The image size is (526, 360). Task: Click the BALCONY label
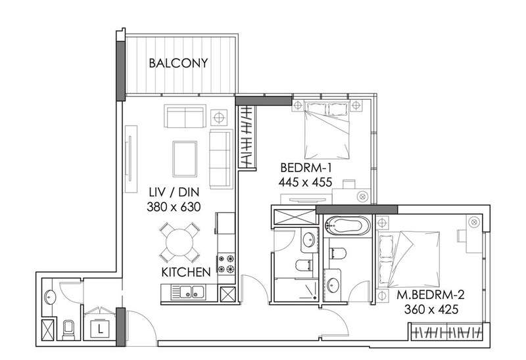pyautogui.click(x=178, y=63)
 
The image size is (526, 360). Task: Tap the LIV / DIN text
pyautogui.click(x=174, y=192)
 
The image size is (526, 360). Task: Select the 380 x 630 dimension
pyautogui.click(x=174, y=207)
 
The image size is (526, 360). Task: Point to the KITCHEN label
pyautogui.click(x=186, y=272)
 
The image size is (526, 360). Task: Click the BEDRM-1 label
pyautogui.click(x=306, y=168)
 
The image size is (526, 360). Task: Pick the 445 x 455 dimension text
pyautogui.click(x=305, y=182)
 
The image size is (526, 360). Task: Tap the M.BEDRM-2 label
pyautogui.click(x=431, y=295)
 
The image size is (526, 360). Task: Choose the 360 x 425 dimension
pyautogui.click(x=431, y=309)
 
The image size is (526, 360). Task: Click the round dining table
pyautogui.click(x=179, y=242)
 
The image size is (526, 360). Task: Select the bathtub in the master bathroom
pyautogui.click(x=348, y=225)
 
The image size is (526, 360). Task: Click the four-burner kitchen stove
pyautogui.click(x=226, y=264)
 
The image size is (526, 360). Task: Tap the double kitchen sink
pyautogui.click(x=188, y=292)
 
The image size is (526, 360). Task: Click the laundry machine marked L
pyautogui.click(x=100, y=329)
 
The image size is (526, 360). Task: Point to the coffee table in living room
pyautogui.click(x=185, y=159)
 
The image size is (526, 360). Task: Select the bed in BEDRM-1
pyautogui.click(x=326, y=131)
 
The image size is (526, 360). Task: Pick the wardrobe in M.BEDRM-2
pyautogui.click(x=447, y=332)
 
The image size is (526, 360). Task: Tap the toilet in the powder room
pyautogui.click(x=68, y=330)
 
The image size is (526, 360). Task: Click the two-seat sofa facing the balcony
pyautogui.click(x=185, y=116)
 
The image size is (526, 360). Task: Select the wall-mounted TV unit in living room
pyautogui.click(x=131, y=159)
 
